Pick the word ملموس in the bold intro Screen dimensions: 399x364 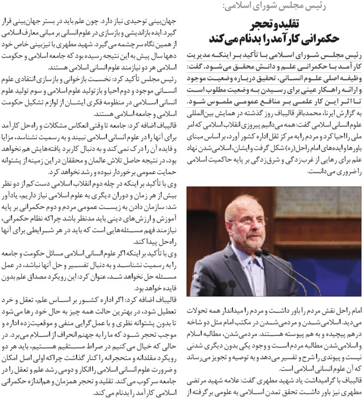(x=218, y=101)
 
